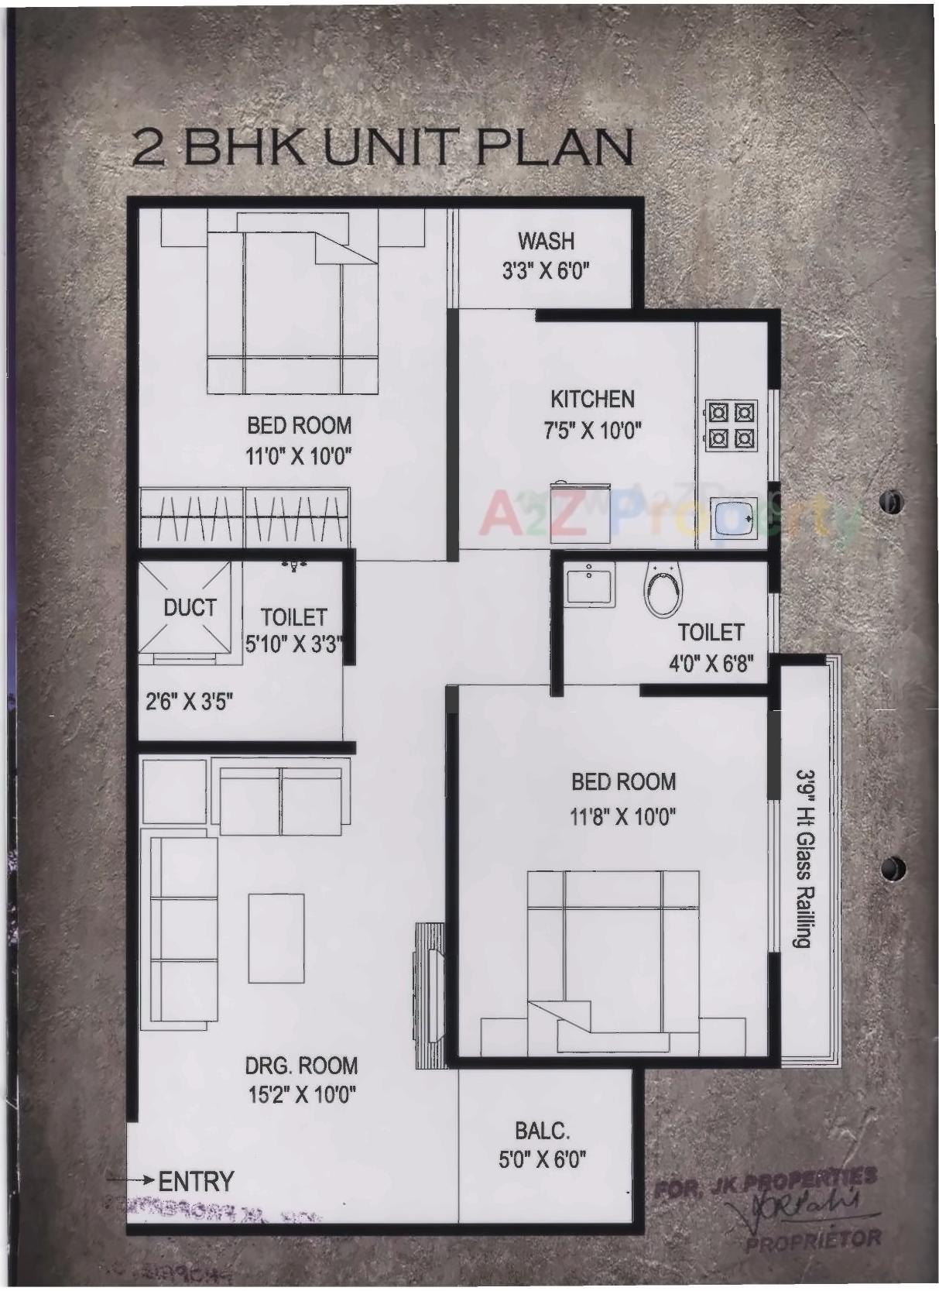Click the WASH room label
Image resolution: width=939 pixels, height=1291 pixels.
(546, 241)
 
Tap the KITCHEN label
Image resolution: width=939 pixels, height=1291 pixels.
(592, 399)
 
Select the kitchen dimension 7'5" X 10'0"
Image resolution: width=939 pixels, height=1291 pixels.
(592, 431)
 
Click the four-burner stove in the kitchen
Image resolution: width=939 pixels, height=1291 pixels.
(730, 425)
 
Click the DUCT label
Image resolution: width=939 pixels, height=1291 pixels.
(190, 608)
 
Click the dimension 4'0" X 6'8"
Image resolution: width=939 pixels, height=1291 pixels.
(711, 664)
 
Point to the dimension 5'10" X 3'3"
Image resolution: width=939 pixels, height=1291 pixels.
(294, 644)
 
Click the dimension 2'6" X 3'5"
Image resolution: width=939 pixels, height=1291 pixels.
(190, 702)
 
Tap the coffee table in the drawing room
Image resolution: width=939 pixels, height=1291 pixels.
(276, 938)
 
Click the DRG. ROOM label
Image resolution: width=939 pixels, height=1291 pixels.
(301, 1066)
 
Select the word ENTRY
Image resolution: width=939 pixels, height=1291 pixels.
(196, 1182)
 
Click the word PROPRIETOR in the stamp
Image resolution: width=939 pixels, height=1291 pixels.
(813, 1239)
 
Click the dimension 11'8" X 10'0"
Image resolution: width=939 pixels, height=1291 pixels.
(623, 816)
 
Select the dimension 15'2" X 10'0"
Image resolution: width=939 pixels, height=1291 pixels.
(301, 1096)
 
